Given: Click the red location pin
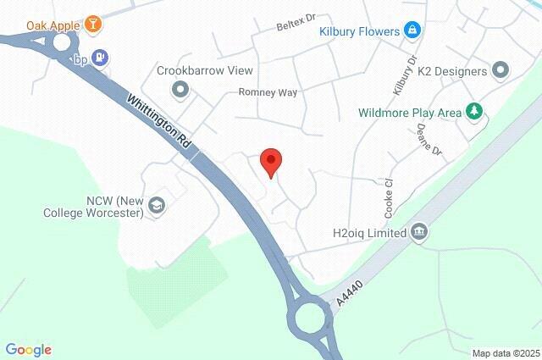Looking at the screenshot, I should pyautogui.click(x=270, y=160).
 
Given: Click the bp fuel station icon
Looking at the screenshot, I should pyautogui.click(x=102, y=58).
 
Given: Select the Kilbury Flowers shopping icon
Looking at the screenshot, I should pyautogui.click(x=412, y=31).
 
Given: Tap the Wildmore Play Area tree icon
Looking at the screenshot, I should pyautogui.click(x=475, y=112).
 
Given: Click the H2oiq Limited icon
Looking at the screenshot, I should pyautogui.click(x=418, y=232).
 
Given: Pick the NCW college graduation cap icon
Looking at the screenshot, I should pyautogui.click(x=157, y=205).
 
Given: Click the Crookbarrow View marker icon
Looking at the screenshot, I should pyautogui.click(x=179, y=88).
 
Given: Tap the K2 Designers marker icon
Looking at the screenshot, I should pyautogui.click(x=500, y=70).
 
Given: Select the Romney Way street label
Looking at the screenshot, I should pyautogui.click(x=268, y=91).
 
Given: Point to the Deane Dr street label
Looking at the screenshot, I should pyautogui.click(x=429, y=139).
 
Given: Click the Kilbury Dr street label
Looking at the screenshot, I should pyautogui.click(x=401, y=75).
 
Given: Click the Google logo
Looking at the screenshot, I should pyautogui.click(x=28, y=349).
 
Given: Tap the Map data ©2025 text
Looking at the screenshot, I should pyautogui.click(x=505, y=352).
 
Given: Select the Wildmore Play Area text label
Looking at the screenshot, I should pyautogui.click(x=410, y=112).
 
